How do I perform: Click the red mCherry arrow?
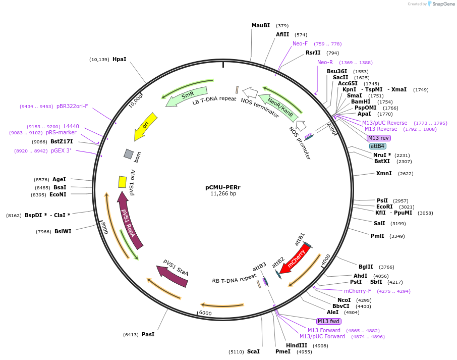[x=296, y=258]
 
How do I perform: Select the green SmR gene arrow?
[x=187, y=95]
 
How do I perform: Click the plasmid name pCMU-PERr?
[x=223, y=187]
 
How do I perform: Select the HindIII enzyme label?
[x=297, y=345]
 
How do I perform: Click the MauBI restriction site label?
[x=261, y=25]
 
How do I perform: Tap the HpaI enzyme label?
[x=120, y=59]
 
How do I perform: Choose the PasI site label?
[x=148, y=334]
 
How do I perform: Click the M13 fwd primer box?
[x=329, y=321]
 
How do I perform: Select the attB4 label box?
[x=377, y=146]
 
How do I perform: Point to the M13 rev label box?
[x=378, y=138]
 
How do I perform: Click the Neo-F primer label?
[x=300, y=43]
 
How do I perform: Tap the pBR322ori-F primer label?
[x=72, y=106]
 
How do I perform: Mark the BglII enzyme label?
[x=366, y=267]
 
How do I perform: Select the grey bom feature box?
[x=129, y=153]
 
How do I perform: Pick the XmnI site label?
[x=384, y=173]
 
